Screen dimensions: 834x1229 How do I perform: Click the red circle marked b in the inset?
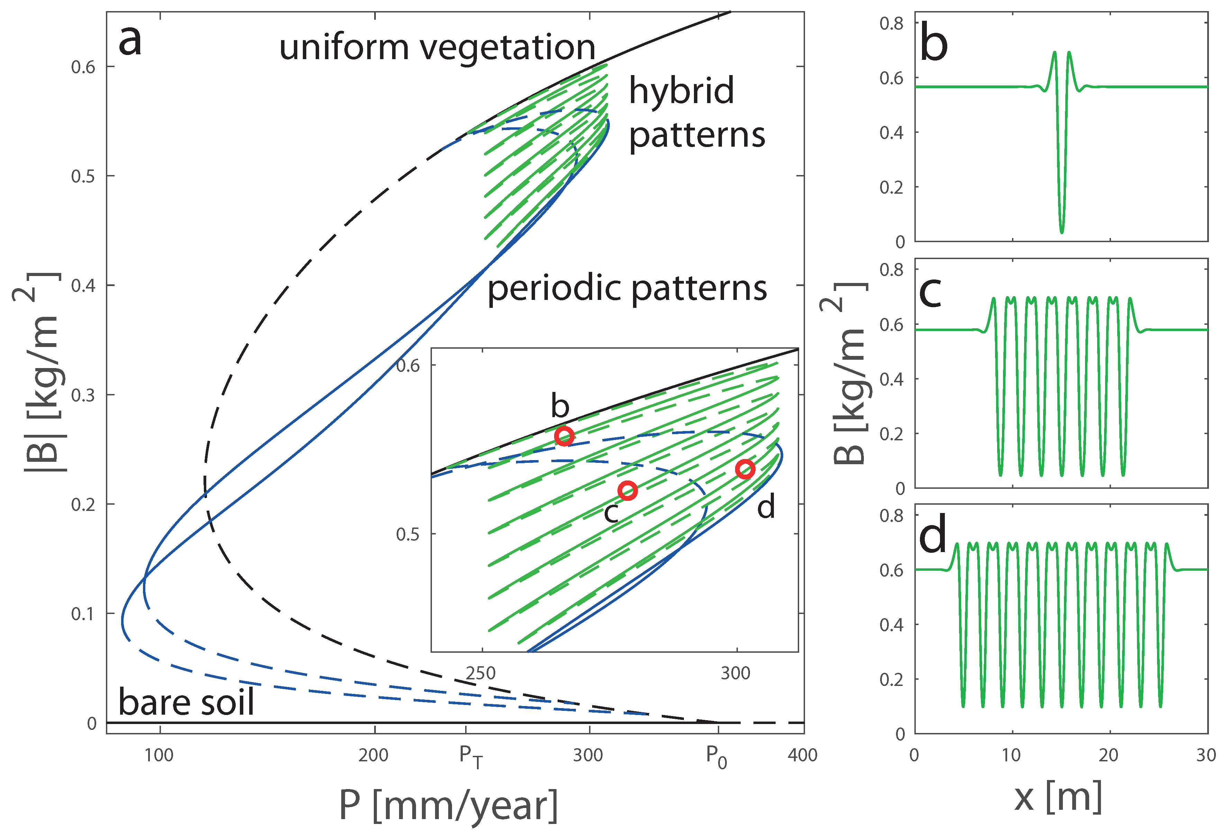[x=564, y=436]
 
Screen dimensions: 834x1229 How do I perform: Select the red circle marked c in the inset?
[x=628, y=491]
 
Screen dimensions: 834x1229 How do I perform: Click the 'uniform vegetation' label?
[x=437, y=48]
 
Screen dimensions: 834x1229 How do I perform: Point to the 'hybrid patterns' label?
[x=696, y=112]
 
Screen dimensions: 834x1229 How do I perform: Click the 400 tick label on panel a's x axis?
[x=802, y=755]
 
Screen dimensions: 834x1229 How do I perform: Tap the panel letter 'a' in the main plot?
[x=130, y=41]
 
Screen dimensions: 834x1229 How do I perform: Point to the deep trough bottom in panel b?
[x=1061, y=231]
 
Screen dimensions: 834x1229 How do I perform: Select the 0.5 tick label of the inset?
[x=407, y=534]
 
